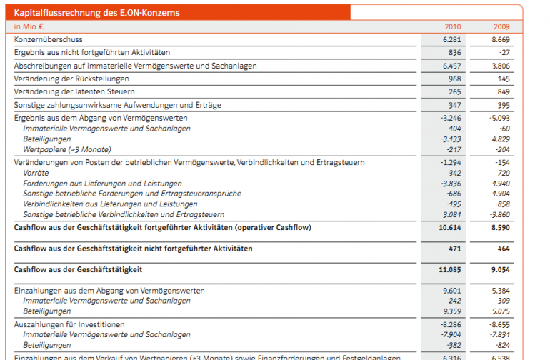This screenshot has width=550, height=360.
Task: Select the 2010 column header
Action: point(452,26)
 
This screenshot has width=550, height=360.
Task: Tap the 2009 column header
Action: point(501,26)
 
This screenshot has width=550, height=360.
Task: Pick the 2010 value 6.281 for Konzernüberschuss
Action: point(451,39)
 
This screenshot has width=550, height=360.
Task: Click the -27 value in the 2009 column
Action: point(504,53)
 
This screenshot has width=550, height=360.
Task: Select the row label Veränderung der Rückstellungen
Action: point(71,79)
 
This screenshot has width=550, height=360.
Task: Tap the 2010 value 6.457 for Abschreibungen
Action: point(451,66)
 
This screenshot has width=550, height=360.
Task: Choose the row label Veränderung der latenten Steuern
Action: point(74,92)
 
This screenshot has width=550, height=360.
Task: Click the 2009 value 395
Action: point(504,105)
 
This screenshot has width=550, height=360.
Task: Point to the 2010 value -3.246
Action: point(451,118)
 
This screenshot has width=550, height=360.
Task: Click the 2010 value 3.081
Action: point(452,214)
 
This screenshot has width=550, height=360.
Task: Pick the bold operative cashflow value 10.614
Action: point(449,227)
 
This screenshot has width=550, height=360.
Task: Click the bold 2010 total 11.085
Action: point(449,269)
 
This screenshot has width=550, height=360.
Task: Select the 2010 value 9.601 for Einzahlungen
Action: point(452,291)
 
